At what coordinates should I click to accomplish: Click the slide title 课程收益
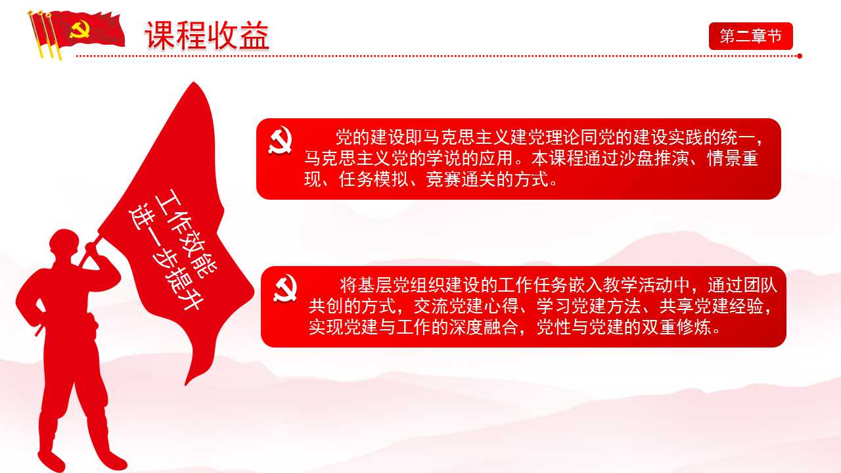click(207, 35)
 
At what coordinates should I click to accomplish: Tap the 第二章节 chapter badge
click(750, 36)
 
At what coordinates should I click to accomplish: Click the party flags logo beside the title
click(76, 33)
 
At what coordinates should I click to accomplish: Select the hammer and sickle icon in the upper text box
click(281, 141)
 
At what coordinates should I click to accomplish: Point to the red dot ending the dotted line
click(800, 56)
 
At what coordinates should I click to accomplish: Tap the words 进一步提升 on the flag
click(167, 256)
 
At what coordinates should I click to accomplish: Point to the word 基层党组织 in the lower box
click(399, 286)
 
